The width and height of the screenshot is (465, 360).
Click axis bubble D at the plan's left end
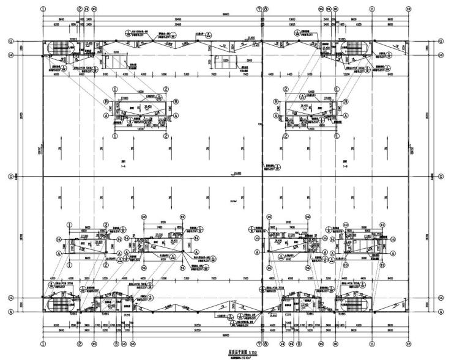pos(10,177)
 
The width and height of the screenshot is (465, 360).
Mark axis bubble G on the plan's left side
pos(10,42)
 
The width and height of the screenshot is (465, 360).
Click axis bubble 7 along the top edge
pos(259,10)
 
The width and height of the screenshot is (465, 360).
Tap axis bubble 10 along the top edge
pos(335,10)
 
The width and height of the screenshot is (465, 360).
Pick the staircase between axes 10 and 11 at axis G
pos(354,48)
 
